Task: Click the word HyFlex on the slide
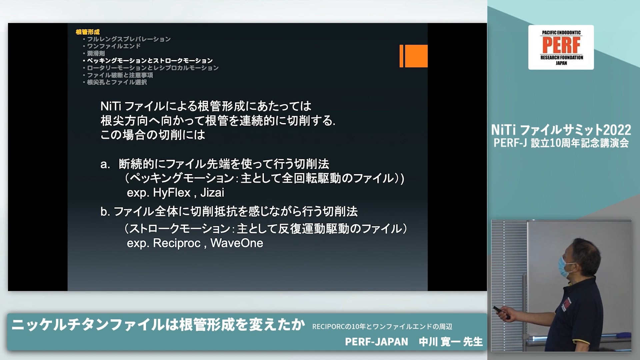pyautogui.click(x=172, y=193)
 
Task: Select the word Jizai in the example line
pyautogui.click(x=212, y=193)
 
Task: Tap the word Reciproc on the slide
pyautogui.click(x=177, y=243)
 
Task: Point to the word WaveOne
pyautogui.click(x=237, y=243)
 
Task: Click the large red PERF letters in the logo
pyautogui.click(x=561, y=45)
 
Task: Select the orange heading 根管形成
pyautogui.click(x=88, y=32)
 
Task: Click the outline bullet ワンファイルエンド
pyautogui.click(x=114, y=46)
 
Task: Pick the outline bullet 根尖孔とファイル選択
pyautogui.click(x=117, y=82)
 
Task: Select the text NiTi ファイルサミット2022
pyautogui.click(x=561, y=130)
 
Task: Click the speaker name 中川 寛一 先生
pyautogui.click(x=451, y=342)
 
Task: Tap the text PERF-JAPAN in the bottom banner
pyautogui.click(x=376, y=342)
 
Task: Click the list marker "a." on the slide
pyautogui.click(x=105, y=164)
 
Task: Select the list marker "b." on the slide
pyautogui.click(x=105, y=212)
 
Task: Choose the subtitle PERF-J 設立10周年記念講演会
pyautogui.click(x=561, y=143)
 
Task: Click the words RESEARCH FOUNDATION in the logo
pyautogui.click(x=562, y=58)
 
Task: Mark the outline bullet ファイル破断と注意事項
pyautogui.click(x=120, y=75)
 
